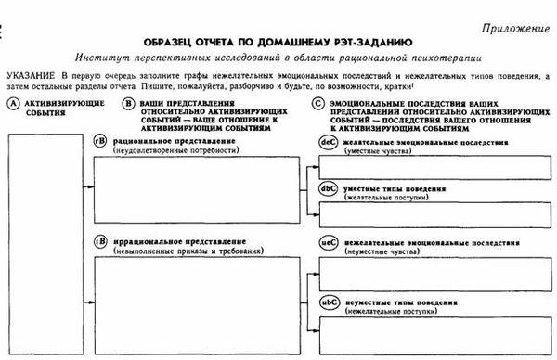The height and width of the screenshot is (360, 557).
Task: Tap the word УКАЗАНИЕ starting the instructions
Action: (x=33, y=73)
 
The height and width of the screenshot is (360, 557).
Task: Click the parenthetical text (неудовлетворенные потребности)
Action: (x=166, y=148)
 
